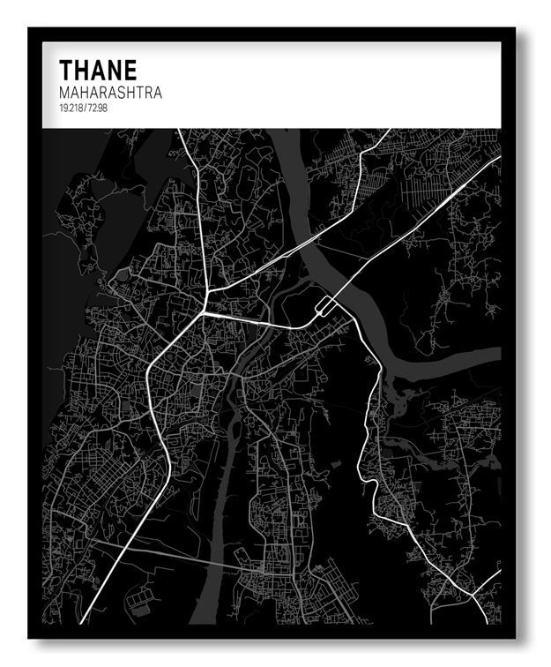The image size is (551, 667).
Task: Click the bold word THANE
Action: pyautogui.click(x=98, y=71)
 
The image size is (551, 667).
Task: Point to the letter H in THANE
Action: pyautogui.click(x=82, y=71)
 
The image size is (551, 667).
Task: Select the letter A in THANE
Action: pyautogui.click(x=99, y=71)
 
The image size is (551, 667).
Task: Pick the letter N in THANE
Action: pyautogui.click(x=115, y=71)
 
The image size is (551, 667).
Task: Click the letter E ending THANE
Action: pyautogui.click(x=130, y=71)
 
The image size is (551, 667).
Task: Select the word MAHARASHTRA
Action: pyautogui.click(x=110, y=92)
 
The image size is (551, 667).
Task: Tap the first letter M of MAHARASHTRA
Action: pyautogui.click(x=64, y=92)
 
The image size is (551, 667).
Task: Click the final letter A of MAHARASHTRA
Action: pyautogui.click(x=157, y=92)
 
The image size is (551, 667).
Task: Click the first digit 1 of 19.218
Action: pyautogui.click(x=61, y=107)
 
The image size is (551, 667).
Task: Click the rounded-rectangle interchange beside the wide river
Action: pyautogui.click(x=324, y=307)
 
